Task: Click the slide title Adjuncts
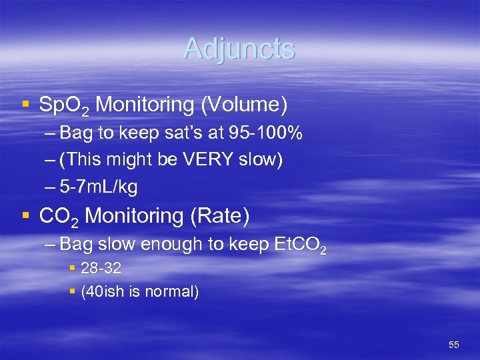coord(239,49)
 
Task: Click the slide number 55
coord(454,345)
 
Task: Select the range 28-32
coord(101,269)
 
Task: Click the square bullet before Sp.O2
coord(25,105)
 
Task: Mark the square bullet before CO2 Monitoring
coord(25,216)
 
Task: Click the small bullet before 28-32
coord(73,269)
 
